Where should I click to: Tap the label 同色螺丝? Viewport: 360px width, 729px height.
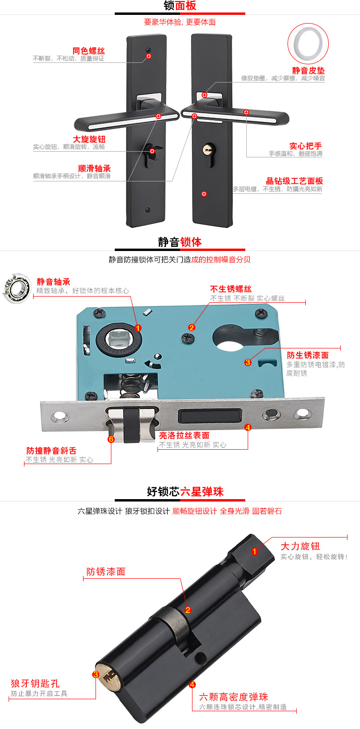88,51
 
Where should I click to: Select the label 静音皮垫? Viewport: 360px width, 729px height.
308,70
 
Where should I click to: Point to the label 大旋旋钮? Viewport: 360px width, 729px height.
89,139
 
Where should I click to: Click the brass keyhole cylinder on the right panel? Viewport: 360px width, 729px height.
208,150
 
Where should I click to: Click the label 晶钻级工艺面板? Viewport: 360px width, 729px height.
294,181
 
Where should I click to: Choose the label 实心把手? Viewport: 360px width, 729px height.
306,146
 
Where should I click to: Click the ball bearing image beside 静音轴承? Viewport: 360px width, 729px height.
17,288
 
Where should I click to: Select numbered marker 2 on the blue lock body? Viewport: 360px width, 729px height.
192,327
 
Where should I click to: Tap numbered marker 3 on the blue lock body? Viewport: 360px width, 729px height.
248,362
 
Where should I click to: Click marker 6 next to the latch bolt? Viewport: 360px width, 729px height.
111,439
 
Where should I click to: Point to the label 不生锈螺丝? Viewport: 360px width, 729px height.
231,288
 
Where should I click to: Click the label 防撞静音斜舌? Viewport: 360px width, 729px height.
51,451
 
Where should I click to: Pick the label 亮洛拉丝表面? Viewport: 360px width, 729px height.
184,435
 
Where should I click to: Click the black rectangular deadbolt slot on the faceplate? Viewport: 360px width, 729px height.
209,416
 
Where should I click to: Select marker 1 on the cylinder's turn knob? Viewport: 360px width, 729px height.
254,551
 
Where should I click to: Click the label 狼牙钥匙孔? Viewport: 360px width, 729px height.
35,683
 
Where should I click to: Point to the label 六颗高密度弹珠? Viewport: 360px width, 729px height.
233,697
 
